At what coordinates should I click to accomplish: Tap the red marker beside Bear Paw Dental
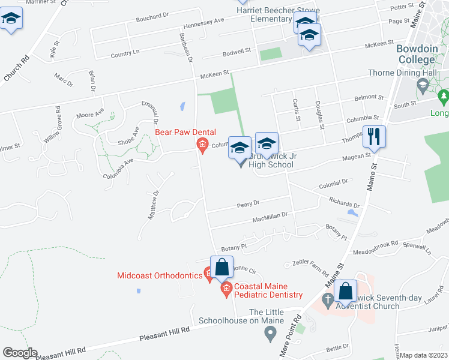(x=203, y=145)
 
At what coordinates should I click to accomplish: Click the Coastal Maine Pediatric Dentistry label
(x=268, y=290)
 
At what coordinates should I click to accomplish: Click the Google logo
(x=20, y=353)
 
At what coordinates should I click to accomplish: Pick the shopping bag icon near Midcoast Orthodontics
(x=221, y=267)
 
